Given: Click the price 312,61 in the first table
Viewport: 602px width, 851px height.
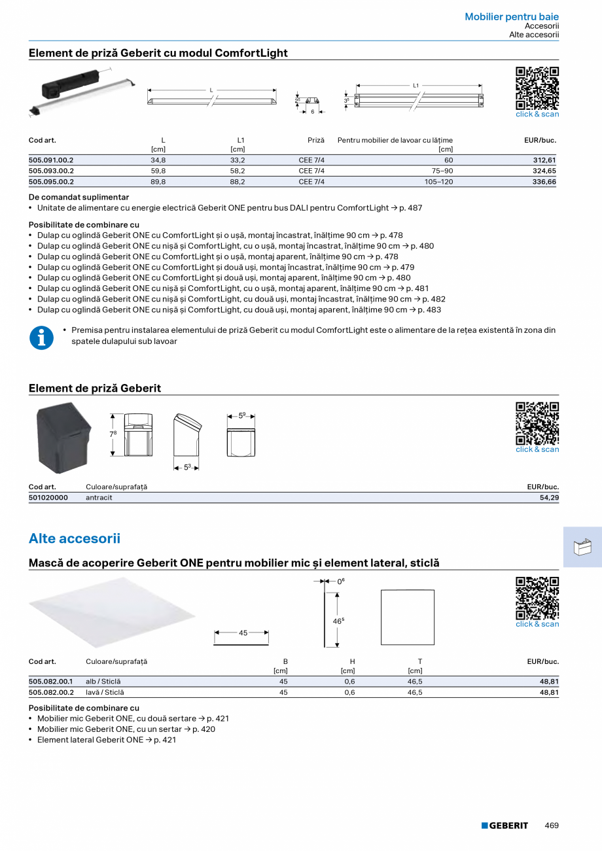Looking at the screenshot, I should pos(544,160).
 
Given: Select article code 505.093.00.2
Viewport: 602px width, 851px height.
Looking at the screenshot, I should pos(51,171).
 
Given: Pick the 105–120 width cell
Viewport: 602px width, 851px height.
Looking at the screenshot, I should pos(438,182).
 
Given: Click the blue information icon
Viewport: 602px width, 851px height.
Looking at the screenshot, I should pos(41,338).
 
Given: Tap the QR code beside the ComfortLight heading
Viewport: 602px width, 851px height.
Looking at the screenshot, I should pos(537,88).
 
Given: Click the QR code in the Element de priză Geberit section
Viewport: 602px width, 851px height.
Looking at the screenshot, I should pos(537,424).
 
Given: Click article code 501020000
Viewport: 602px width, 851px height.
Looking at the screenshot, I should pos(48,498).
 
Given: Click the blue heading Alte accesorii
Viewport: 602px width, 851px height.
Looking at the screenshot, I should pos(75,538).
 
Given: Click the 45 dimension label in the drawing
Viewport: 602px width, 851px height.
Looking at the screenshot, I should pos(243,633).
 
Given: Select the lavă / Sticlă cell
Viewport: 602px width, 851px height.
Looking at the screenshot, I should pos(105,692).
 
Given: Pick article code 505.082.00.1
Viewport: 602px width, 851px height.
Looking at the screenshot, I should pos(51,682).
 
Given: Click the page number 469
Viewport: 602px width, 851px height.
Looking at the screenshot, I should pos(552,825).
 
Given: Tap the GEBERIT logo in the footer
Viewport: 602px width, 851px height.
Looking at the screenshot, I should pos(505,825).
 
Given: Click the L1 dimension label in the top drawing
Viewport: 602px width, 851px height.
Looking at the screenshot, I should pos(416,85).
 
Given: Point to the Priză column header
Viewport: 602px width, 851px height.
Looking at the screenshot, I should pos(316,140).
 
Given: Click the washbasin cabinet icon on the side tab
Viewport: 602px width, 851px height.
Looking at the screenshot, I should pos(582,547).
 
